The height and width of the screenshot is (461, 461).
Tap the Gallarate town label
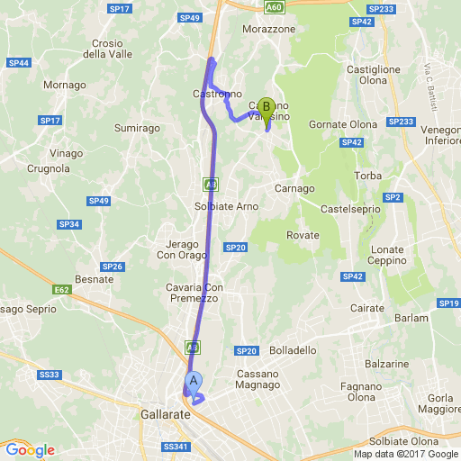[x=166, y=415]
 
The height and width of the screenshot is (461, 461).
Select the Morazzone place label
[x=269, y=29]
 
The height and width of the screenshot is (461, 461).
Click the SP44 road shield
[x=19, y=63]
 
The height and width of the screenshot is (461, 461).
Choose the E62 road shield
[x=62, y=290]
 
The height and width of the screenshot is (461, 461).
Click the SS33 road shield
[x=50, y=375]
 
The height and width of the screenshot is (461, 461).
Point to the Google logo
[x=30, y=450]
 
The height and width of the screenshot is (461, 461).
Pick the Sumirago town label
[x=138, y=129]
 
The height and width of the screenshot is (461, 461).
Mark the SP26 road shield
[x=112, y=267]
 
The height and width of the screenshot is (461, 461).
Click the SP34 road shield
[x=68, y=224]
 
